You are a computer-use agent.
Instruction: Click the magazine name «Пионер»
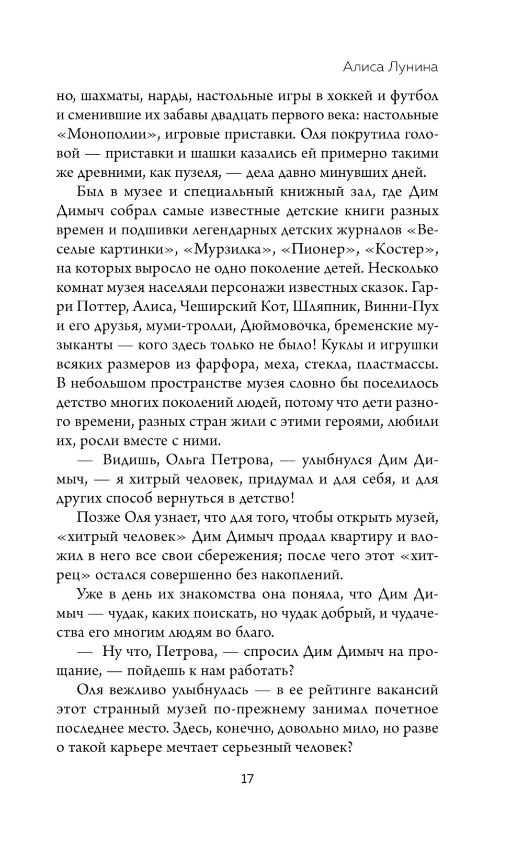[317, 249]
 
